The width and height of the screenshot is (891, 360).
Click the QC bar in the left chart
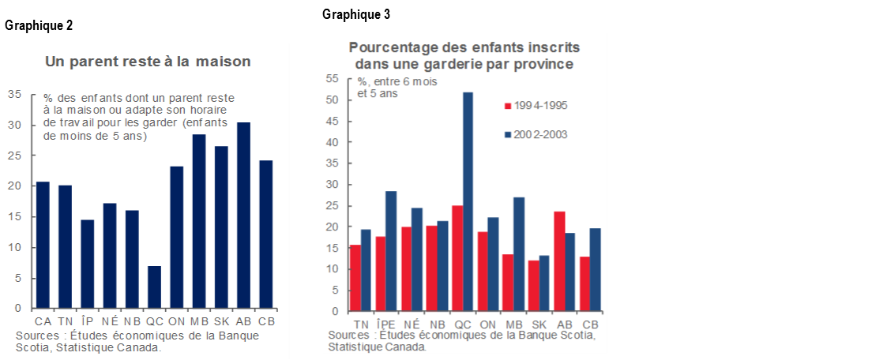click(154, 287)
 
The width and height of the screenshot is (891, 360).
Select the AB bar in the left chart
click(244, 216)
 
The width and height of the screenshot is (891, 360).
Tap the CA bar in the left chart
click(42, 245)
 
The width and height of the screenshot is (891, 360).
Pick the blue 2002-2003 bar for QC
click(468, 201)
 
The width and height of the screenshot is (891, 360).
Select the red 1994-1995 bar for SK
click(535, 286)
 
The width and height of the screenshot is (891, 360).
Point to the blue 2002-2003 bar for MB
click(519, 254)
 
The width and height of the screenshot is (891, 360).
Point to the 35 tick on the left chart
click(15, 95)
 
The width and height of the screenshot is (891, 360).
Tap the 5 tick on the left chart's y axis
click(18, 278)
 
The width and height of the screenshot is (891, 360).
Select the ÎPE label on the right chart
click(385, 324)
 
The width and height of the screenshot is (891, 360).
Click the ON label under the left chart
click(176, 321)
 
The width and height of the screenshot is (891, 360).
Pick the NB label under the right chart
click(437, 324)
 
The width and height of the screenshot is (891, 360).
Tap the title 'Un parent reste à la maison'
click(148, 61)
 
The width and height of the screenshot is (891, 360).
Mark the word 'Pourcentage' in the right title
click(392, 47)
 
